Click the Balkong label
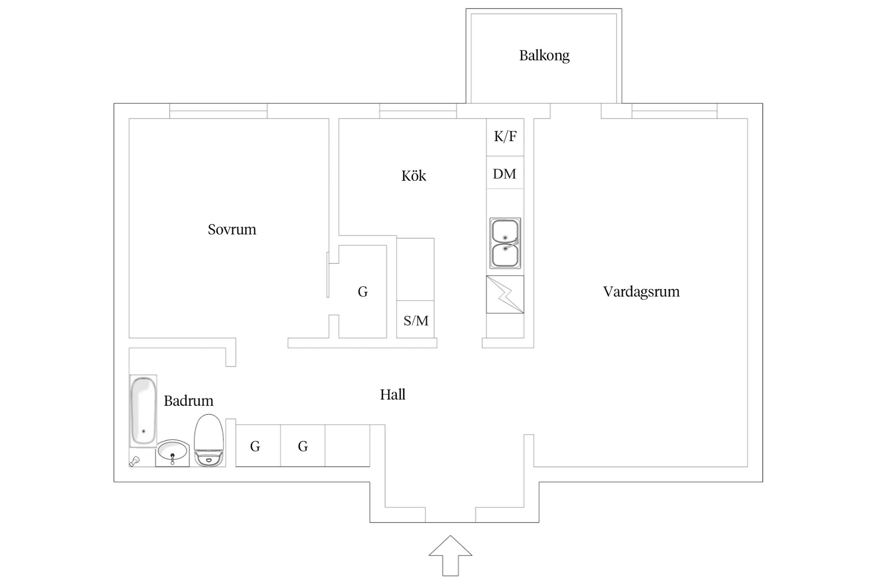click(x=544, y=56)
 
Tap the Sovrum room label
click(x=232, y=229)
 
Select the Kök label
click(x=413, y=176)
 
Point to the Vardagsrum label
click(x=641, y=291)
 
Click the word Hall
click(x=392, y=394)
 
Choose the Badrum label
click(x=188, y=401)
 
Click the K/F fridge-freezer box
click(x=505, y=137)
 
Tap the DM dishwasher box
click(x=505, y=173)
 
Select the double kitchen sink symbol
click(x=505, y=243)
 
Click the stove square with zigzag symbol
click(x=505, y=295)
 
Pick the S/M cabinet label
click(x=416, y=321)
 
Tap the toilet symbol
click(x=209, y=440)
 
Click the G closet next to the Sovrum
click(x=363, y=291)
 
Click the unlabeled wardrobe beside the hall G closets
click(x=347, y=446)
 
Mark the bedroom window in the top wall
click(x=218, y=111)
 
